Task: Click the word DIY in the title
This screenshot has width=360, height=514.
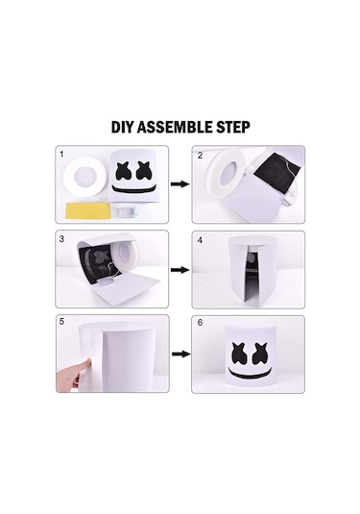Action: pos(124,128)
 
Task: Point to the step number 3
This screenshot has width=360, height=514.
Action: pos(62,238)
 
